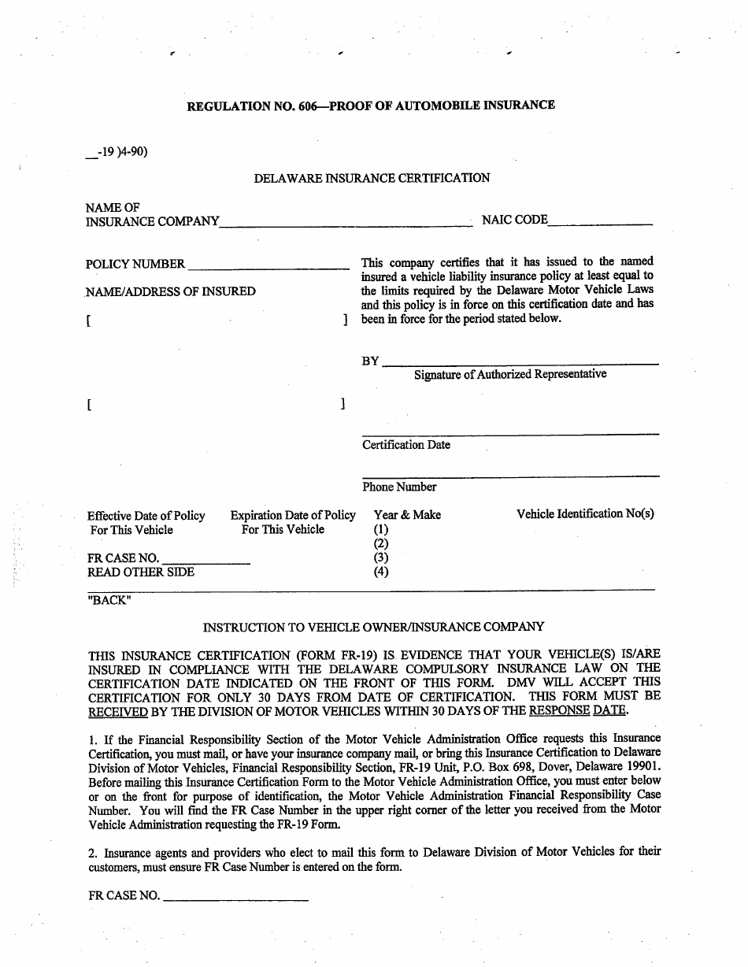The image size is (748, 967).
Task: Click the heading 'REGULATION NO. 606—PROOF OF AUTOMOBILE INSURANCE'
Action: pos(371,106)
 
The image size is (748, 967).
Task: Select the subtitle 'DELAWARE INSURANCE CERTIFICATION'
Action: pos(372,178)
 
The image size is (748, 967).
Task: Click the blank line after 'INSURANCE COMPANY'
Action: pos(346,224)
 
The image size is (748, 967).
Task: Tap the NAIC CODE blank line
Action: pos(600,224)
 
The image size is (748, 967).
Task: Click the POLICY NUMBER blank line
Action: pos(268,267)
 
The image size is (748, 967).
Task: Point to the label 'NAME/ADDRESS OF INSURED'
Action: pos(171,291)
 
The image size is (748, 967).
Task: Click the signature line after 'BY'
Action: pos(520,362)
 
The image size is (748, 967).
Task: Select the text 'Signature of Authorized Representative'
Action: pos(510,375)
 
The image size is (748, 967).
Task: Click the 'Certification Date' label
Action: pos(406,445)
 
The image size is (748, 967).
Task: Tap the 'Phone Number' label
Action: pos(399,487)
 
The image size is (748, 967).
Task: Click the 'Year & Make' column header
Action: pos(407,515)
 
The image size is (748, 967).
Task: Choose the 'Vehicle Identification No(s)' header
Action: pos(585,514)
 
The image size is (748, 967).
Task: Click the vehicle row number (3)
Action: pos(381,558)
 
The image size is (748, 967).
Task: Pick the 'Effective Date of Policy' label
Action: pos(146,516)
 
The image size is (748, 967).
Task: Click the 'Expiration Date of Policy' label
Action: pos(293,516)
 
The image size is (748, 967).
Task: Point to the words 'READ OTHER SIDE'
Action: pos(141,572)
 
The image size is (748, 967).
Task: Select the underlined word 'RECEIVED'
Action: pos(118,711)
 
